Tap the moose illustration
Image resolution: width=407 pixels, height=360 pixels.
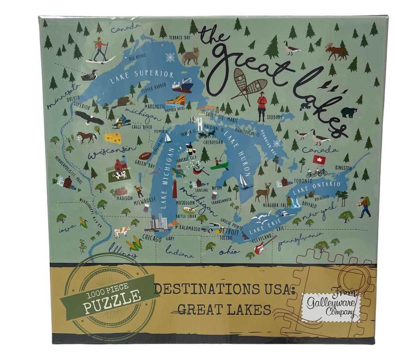tap(335, 52)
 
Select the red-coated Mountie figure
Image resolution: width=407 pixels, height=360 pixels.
tap(262, 106)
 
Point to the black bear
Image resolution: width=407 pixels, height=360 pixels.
tap(349, 113)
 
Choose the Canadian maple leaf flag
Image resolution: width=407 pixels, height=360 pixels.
tap(319, 160)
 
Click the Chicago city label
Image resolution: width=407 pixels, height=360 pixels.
tap(151, 239)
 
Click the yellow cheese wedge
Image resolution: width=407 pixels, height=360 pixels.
tap(112, 138)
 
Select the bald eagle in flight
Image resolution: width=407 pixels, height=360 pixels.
tap(89, 117)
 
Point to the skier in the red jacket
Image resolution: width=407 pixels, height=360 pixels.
tap(99, 50)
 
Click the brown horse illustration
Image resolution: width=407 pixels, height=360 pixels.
tap(86, 137)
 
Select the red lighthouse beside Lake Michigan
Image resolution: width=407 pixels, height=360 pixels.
tap(174, 189)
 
